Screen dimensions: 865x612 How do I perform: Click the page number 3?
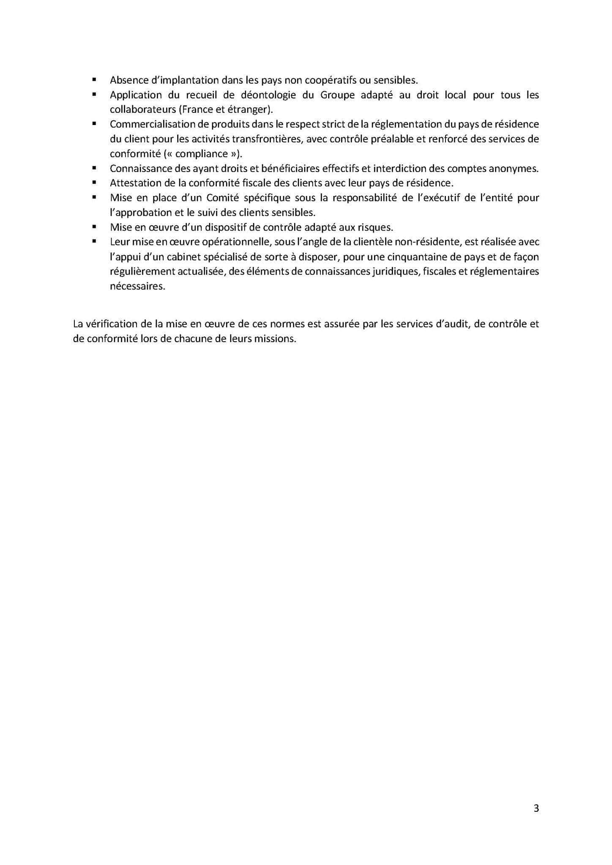pos(536,808)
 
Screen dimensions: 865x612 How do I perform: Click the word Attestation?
pos(134,183)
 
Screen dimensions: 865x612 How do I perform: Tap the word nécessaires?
pos(137,286)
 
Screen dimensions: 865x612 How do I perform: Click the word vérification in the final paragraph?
pos(113,324)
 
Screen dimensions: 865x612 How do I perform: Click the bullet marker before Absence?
pos(94,80)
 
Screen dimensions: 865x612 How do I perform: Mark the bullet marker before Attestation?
pos(94,183)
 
